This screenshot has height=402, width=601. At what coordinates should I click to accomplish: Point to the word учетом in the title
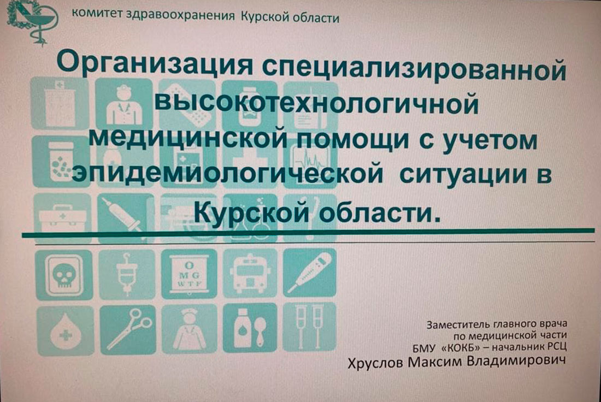(490, 140)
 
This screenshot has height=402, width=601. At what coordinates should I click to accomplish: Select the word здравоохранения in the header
(180, 15)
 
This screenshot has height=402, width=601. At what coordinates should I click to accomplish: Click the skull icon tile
(63, 275)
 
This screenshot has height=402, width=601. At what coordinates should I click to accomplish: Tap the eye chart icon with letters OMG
(190, 274)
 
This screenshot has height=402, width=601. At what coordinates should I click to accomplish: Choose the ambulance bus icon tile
(250, 273)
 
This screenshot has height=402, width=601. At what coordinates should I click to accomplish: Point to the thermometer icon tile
(310, 273)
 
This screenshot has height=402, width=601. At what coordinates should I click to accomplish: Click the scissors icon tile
(128, 330)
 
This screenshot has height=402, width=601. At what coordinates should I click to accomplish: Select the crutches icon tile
(310, 327)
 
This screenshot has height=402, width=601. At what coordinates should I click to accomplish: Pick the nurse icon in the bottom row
(190, 329)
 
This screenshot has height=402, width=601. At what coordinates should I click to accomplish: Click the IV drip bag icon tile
(127, 274)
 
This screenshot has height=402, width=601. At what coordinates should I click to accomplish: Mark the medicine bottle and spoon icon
(250, 328)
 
